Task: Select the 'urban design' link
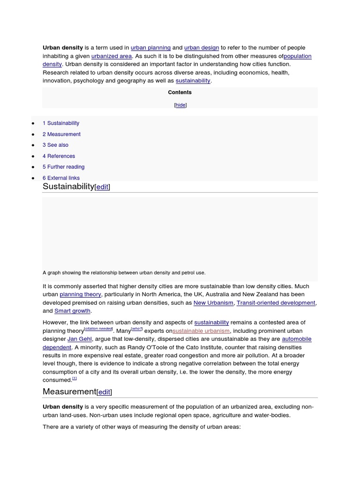pyautogui.click(x=202, y=48)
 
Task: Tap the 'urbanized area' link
pyautogui.click(x=112, y=56)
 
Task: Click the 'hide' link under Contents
pyautogui.click(x=180, y=105)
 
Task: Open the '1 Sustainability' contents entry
pyautogui.click(x=61, y=123)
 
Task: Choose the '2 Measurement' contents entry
pyautogui.click(x=61, y=135)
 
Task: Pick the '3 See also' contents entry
pyautogui.click(x=55, y=145)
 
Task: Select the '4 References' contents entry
pyautogui.click(x=59, y=156)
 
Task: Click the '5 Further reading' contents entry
pyautogui.click(x=63, y=167)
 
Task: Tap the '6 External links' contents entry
pyautogui.click(x=61, y=178)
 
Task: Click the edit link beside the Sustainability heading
pyautogui.click(x=102, y=187)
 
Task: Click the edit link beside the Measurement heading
pyautogui.click(x=104, y=392)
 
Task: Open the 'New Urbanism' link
pyautogui.click(x=213, y=303)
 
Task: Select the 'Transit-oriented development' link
pyautogui.click(x=276, y=303)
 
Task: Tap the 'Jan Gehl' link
pyautogui.click(x=80, y=339)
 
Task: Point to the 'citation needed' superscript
pyautogui.click(x=98, y=329)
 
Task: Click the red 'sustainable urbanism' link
pyautogui.click(x=201, y=331)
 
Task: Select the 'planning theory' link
pyautogui.click(x=80, y=295)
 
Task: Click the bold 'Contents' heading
pyautogui.click(x=180, y=93)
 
